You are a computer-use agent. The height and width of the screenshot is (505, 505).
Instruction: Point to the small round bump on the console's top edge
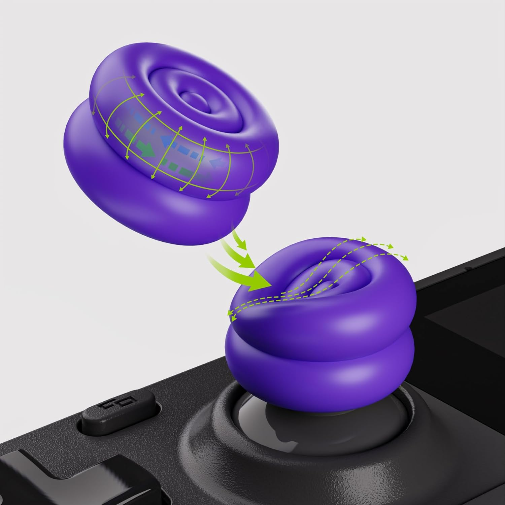pos(467,268)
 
